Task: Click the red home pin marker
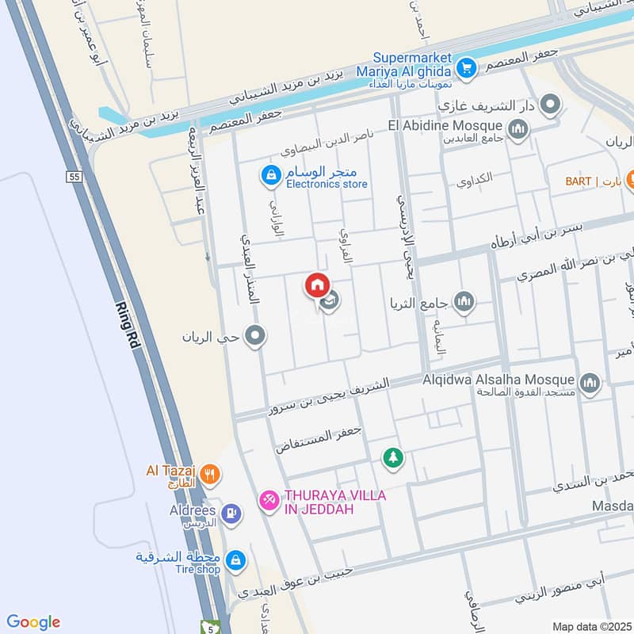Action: point(317,285)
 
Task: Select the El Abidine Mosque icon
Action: point(518,128)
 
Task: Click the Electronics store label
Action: point(327,184)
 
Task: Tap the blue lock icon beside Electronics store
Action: point(271,175)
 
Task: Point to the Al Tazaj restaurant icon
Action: point(209,475)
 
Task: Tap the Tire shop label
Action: point(198,569)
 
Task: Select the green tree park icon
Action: point(392,457)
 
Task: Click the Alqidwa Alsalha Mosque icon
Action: point(589,384)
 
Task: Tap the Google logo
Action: point(33,622)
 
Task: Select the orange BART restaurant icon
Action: point(630,181)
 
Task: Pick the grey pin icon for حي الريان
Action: point(254,337)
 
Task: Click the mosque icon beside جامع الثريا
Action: point(464,301)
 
